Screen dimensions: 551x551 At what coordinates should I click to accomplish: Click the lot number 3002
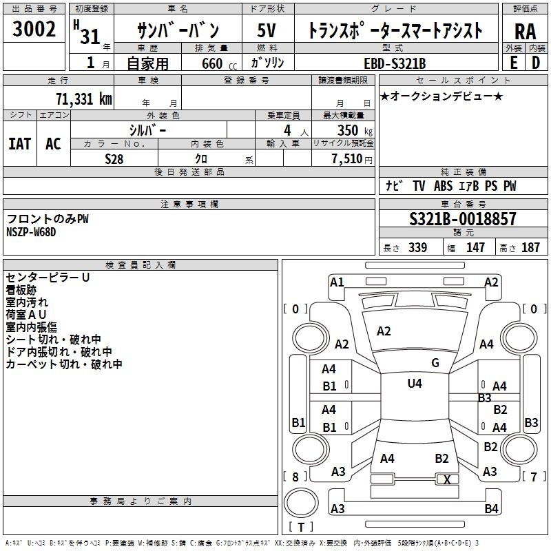pos(34,31)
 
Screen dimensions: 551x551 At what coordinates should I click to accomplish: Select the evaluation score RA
pos(524,32)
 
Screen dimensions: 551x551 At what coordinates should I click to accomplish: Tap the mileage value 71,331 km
pos(83,98)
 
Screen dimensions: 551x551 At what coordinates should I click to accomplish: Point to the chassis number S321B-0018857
pos(462,220)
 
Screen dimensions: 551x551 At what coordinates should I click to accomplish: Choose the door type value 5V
pos(268,31)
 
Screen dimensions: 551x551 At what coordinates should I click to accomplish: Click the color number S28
pos(114,158)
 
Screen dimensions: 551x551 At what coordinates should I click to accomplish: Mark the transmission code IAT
pos(19,143)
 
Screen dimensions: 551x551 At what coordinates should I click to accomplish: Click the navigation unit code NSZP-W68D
pos(31,231)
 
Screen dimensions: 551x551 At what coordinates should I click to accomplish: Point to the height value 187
pos(531,248)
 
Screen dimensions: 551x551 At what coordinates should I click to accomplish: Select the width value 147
pos(475,248)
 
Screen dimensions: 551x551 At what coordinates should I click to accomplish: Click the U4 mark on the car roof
pos(414,384)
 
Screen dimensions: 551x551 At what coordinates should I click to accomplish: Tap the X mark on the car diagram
pos(447,480)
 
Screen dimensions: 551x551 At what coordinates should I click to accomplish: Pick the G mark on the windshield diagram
pos(435,363)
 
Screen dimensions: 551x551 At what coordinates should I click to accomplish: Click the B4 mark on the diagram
pos(490,509)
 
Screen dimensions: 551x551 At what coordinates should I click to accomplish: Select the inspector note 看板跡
pos(21,290)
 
